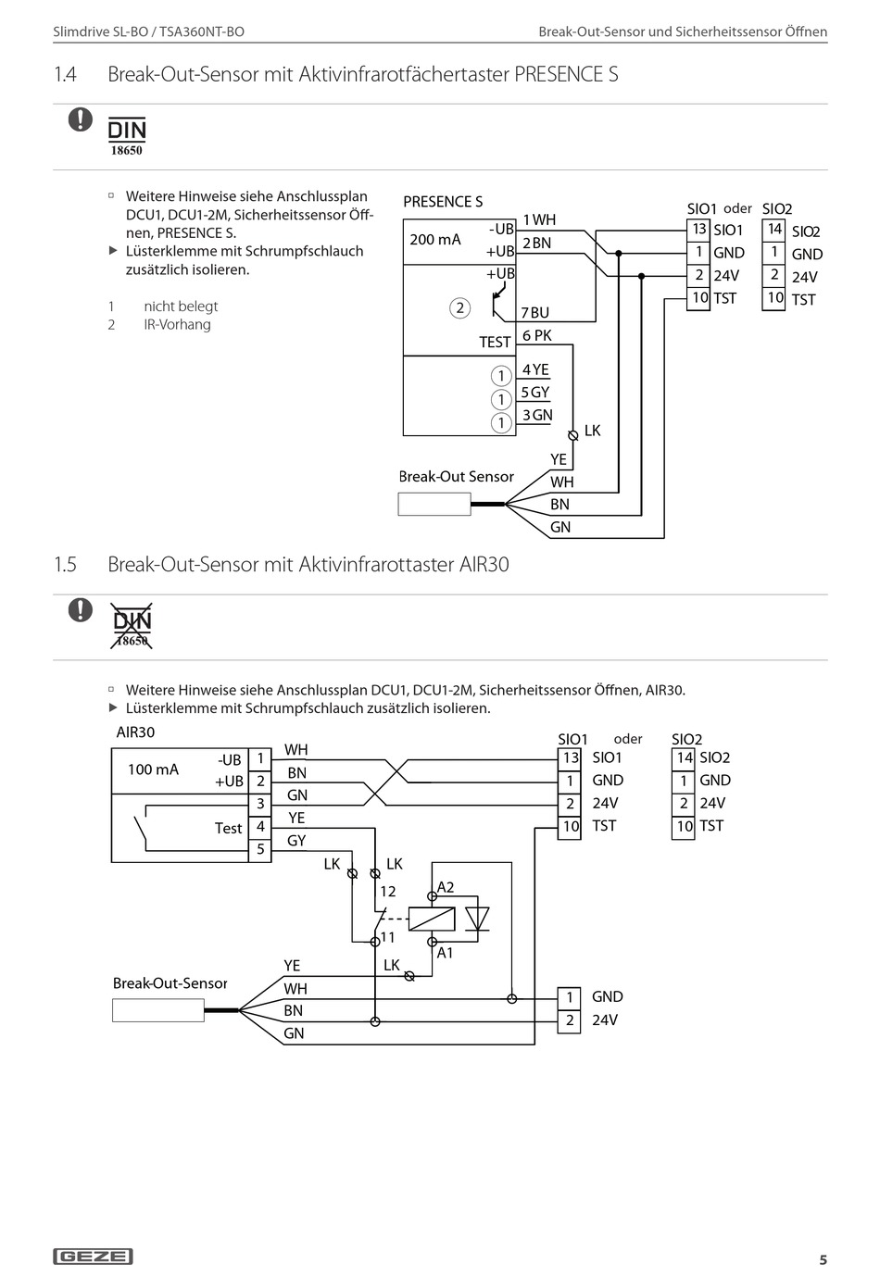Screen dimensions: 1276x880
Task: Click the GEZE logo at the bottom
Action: [94, 1256]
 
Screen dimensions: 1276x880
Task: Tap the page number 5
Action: [823, 1259]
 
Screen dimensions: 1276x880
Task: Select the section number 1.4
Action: [66, 74]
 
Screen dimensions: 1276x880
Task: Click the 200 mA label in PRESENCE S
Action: [435, 240]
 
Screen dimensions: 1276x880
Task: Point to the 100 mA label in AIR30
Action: [153, 769]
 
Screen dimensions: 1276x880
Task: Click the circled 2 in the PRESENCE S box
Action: [460, 308]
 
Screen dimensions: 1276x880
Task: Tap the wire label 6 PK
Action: [537, 336]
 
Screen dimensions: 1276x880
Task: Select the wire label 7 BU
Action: [535, 313]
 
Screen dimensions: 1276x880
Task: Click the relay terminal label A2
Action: [446, 887]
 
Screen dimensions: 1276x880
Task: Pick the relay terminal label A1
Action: [445, 953]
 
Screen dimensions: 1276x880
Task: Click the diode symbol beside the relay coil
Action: [477, 919]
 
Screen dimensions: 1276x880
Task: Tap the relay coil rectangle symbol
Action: [432, 919]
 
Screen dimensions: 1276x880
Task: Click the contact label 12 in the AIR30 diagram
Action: [387, 892]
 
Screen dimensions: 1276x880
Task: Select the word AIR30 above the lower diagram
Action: [135, 732]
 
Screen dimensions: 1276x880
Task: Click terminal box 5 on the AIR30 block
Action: [260, 849]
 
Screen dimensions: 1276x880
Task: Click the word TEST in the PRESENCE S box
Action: [495, 343]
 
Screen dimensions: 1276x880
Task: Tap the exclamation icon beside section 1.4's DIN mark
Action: [81, 119]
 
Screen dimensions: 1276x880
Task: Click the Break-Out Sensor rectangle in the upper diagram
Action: [434, 504]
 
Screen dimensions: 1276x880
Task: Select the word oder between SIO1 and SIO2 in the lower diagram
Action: [628, 739]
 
